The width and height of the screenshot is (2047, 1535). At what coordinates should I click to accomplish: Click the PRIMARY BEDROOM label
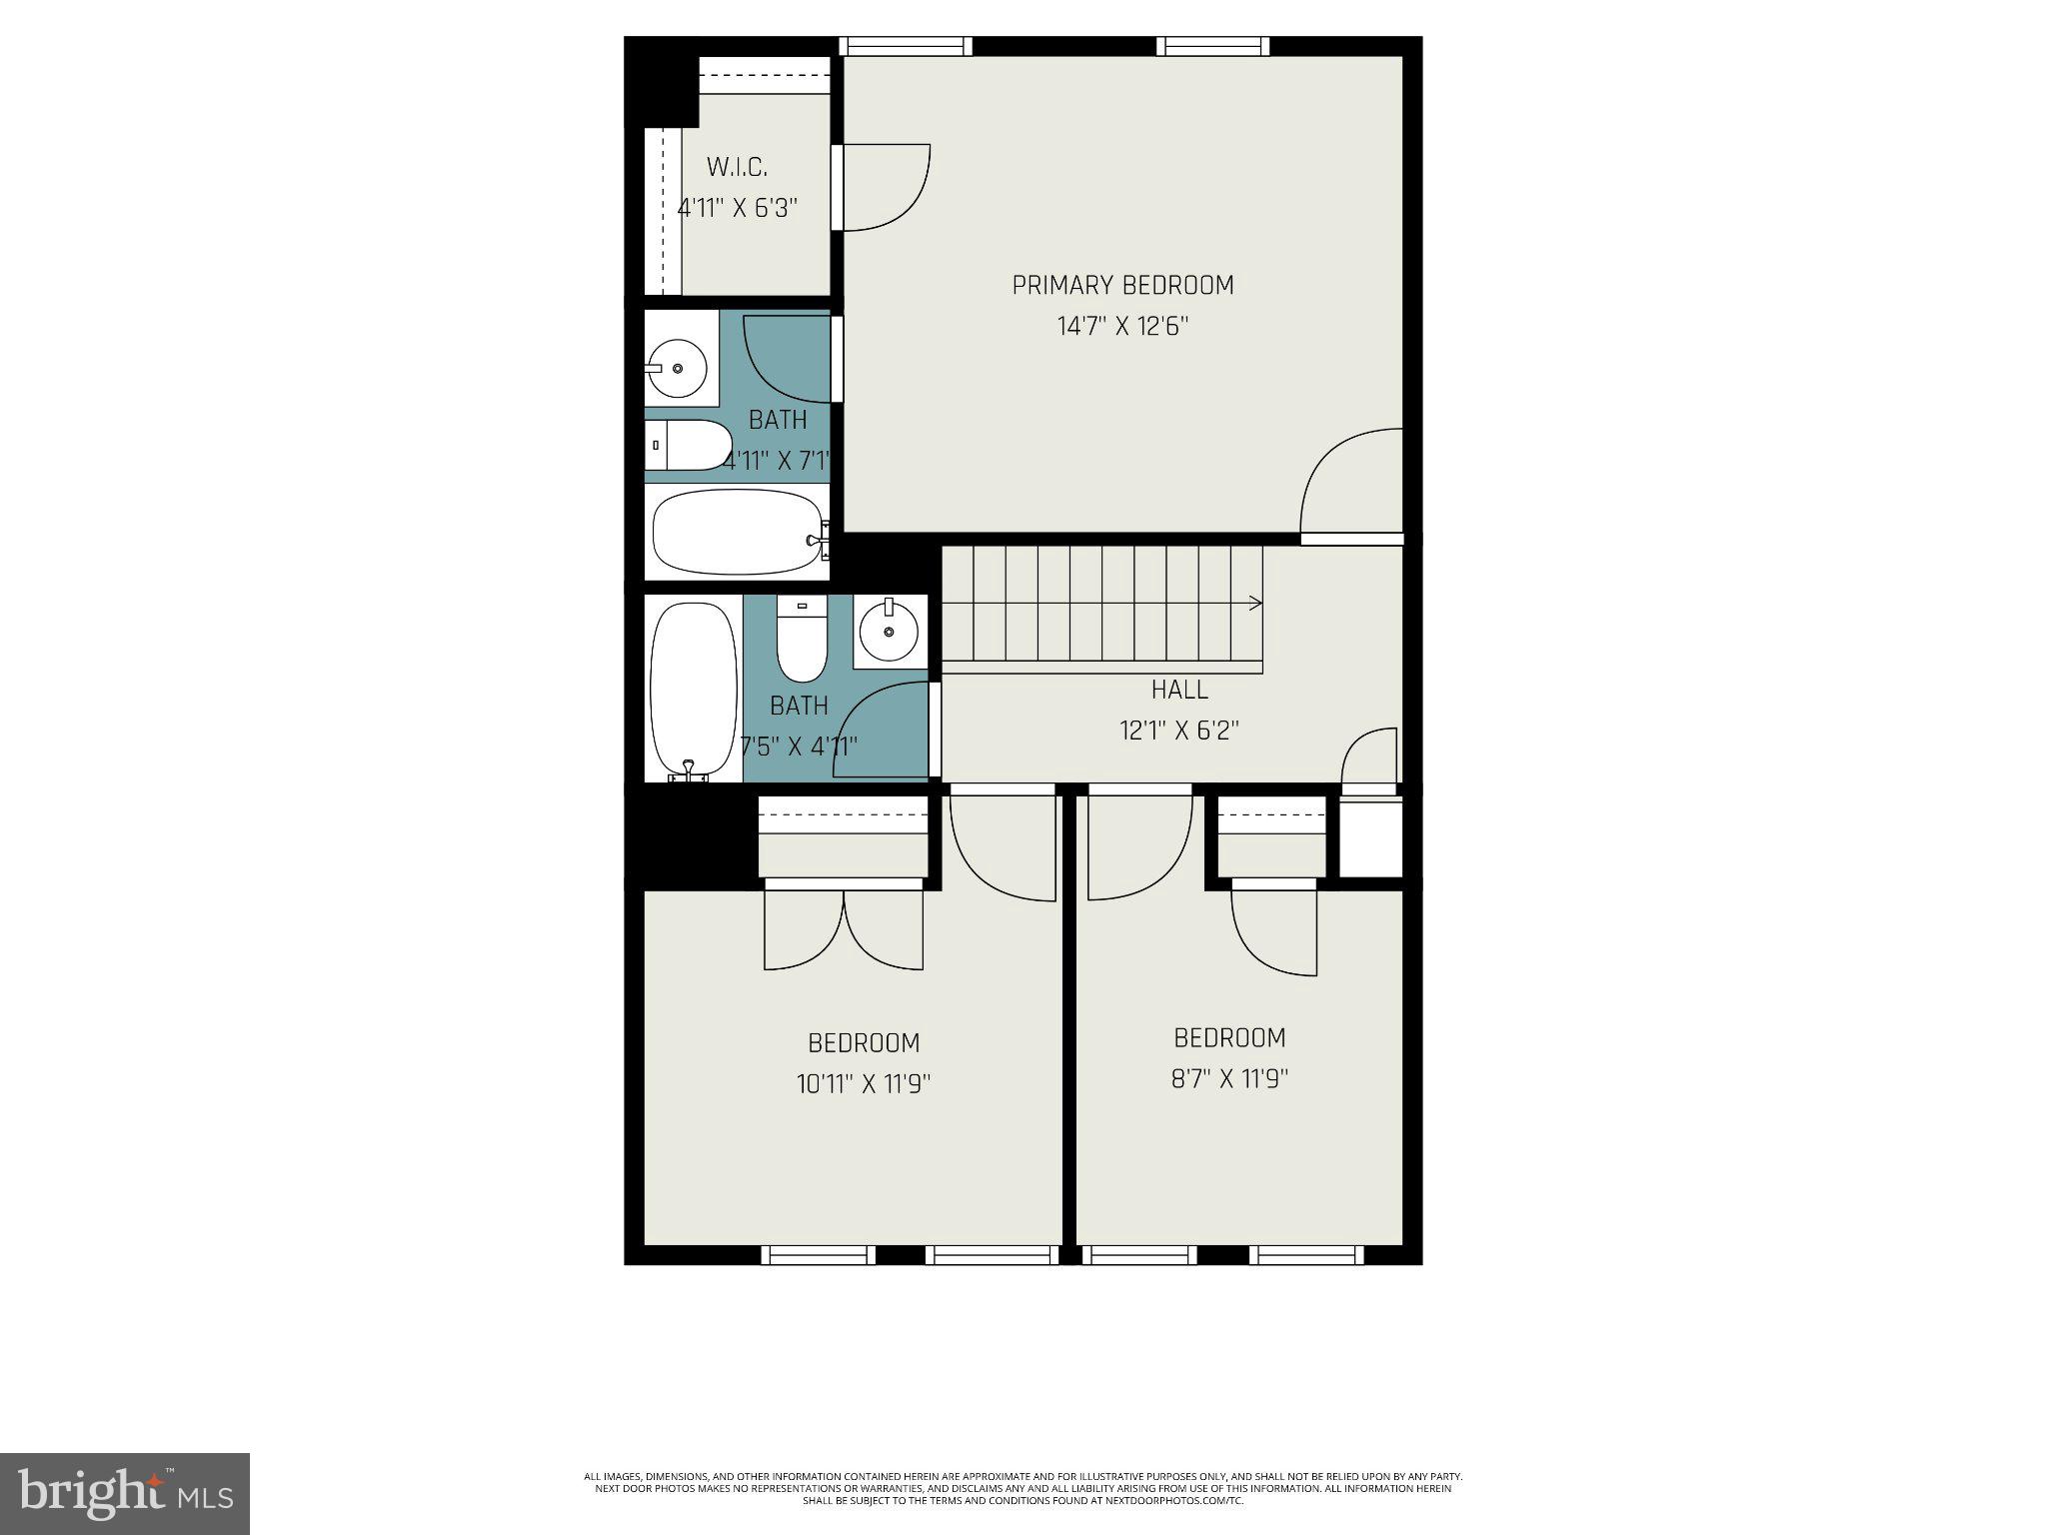(1122, 286)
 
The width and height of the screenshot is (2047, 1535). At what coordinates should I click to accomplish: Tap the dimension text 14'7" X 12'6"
(1122, 327)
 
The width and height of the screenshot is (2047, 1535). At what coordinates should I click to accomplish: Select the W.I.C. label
(737, 167)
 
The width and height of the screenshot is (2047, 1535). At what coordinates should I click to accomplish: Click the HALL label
(1179, 690)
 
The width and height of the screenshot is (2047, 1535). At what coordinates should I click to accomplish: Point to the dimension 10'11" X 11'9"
(864, 1084)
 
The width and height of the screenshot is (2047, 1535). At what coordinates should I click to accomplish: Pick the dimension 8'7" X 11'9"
(1229, 1079)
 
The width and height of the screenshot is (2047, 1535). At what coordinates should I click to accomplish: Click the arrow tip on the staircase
(1259, 603)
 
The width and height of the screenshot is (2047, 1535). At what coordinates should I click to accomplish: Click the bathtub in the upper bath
(738, 532)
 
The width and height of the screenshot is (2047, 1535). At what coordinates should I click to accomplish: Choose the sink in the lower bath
(890, 632)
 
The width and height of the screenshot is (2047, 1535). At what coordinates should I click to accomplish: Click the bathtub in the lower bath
(693, 688)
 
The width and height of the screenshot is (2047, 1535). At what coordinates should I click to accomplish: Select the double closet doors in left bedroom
(845, 929)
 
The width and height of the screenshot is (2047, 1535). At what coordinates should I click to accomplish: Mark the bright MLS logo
(125, 1494)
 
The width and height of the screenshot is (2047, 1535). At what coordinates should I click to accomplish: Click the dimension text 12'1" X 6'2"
(1179, 731)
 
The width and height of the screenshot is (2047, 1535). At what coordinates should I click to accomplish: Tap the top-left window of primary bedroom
(905, 46)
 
